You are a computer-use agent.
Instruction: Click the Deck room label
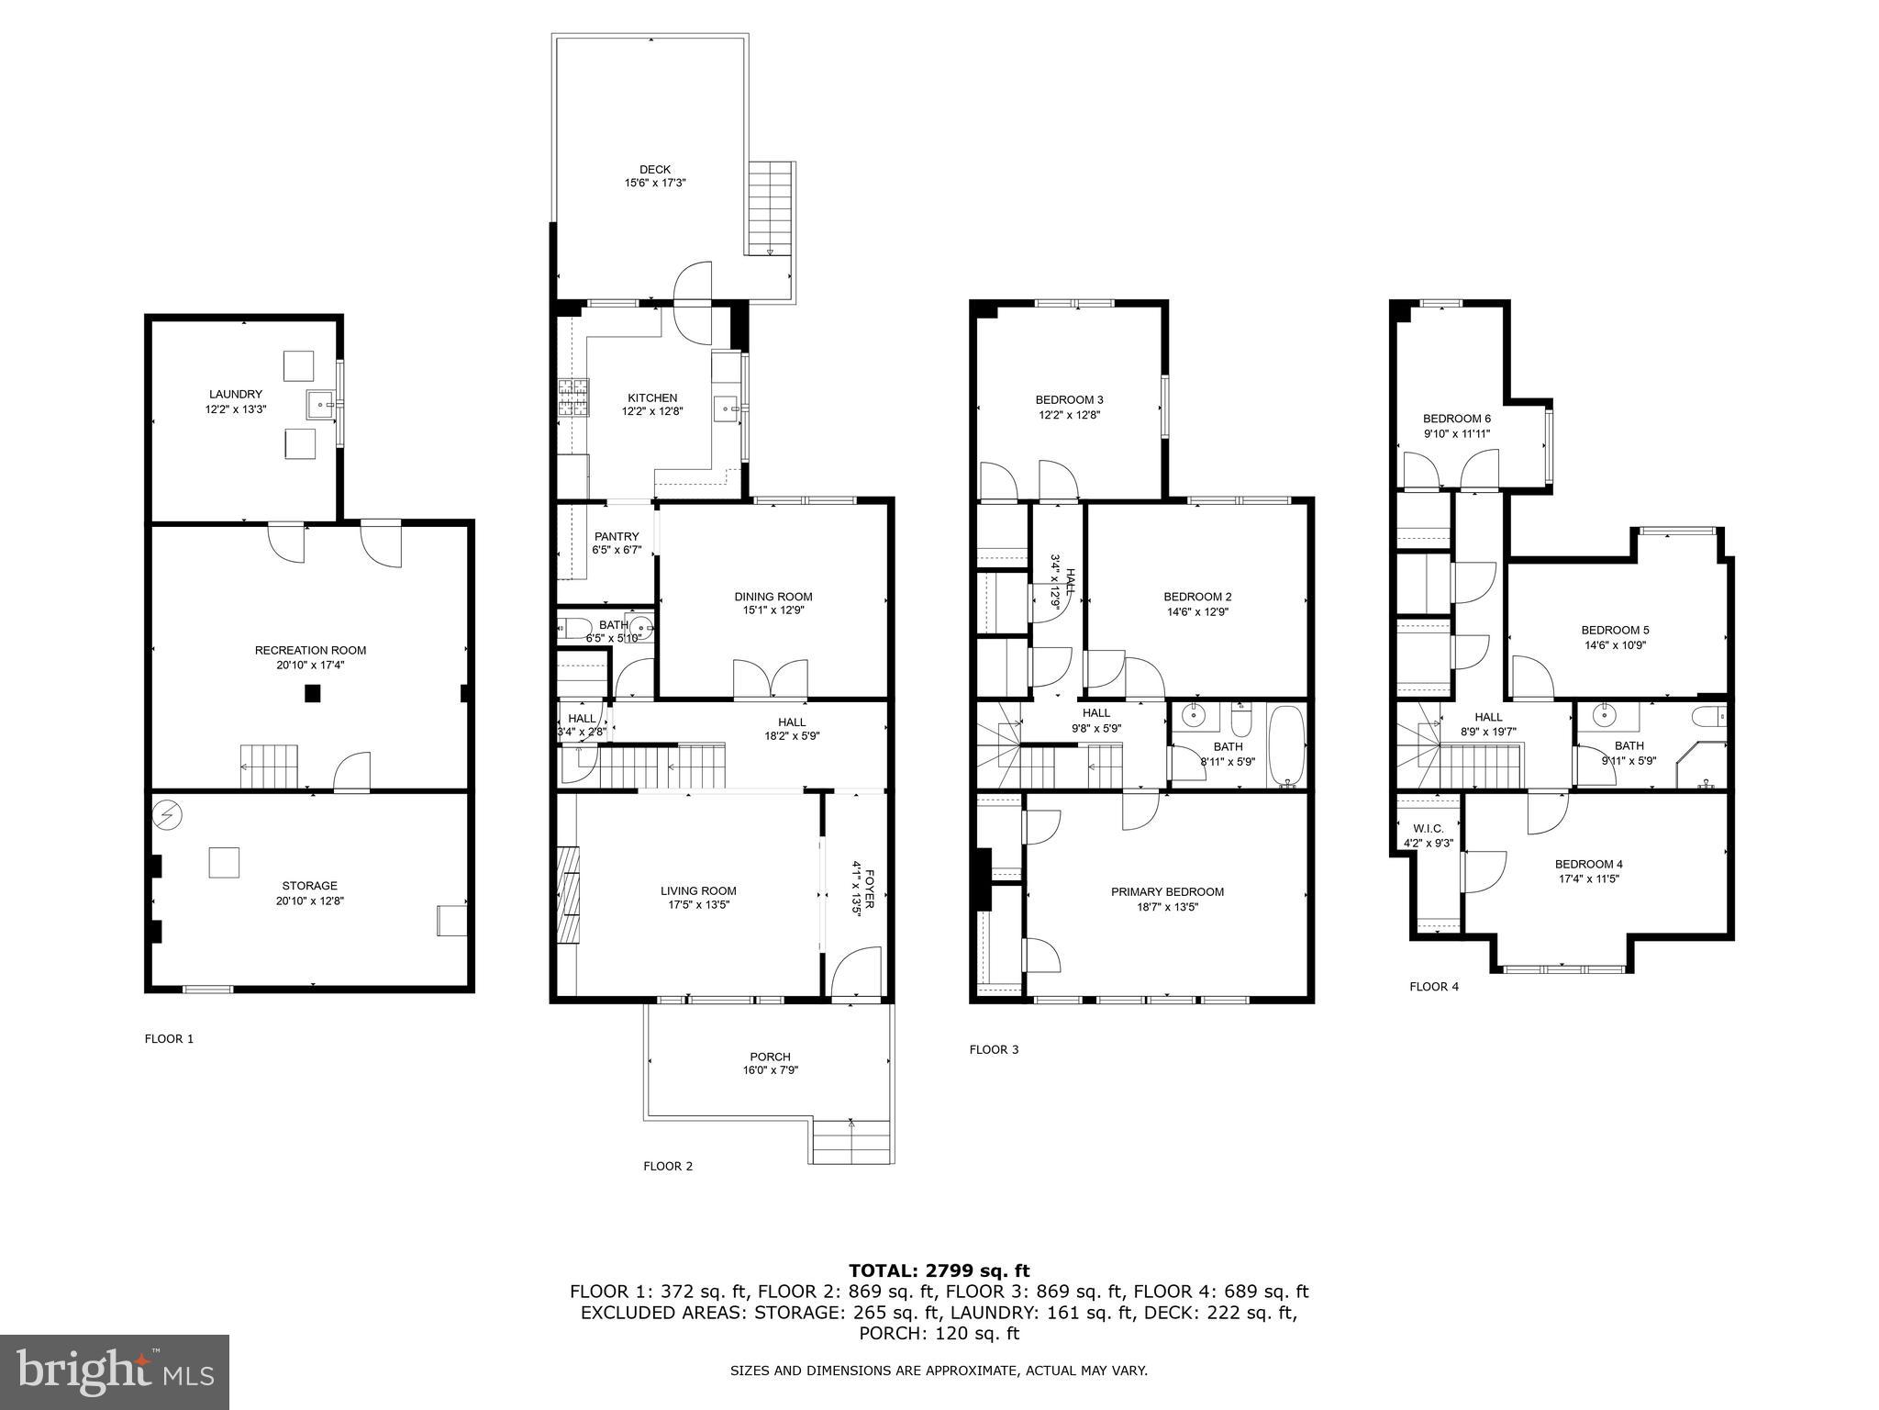pos(655,170)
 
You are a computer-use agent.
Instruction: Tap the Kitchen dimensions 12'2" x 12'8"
pos(652,412)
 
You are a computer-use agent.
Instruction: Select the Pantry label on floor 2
pos(617,536)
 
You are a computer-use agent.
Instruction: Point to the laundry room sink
pos(320,402)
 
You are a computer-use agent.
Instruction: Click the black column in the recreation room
pos(313,694)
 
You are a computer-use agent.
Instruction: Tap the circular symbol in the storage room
pos(169,814)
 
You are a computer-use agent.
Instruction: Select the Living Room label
pos(698,890)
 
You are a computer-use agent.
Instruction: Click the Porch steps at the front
pos(851,1142)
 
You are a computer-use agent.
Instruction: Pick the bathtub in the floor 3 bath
pos(1285,745)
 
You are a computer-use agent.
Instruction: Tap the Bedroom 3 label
pos(1069,399)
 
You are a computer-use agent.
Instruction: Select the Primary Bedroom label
pos(1167,891)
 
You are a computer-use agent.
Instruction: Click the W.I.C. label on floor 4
pos(1429,828)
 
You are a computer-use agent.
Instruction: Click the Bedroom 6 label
pos(1457,419)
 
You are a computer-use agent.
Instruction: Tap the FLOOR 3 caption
pos(994,1049)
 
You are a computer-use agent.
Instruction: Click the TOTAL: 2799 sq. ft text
pos(939,1270)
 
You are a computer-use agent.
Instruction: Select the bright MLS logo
pos(115,1372)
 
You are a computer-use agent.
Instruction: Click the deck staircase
pos(770,208)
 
